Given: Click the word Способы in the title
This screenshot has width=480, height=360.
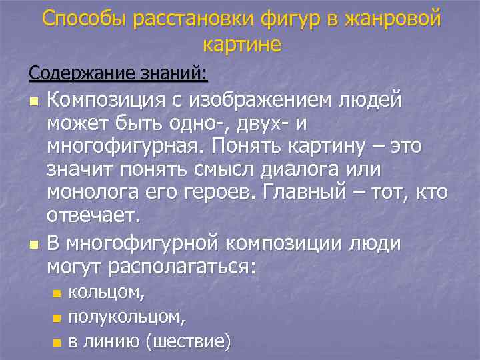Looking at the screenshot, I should coord(84,19).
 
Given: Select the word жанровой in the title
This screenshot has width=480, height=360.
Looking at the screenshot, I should coord(393,19).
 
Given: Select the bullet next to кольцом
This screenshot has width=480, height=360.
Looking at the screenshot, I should coord(57,293).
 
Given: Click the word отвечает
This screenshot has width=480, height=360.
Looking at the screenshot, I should coord(93,217).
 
